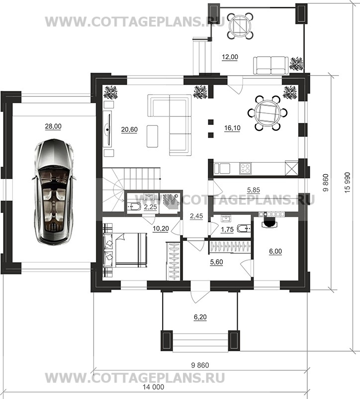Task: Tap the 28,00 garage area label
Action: click(x=53, y=126)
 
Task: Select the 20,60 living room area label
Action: click(x=129, y=129)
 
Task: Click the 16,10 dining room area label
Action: click(x=232, y=128)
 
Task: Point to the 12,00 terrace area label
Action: click(x=230, y=57)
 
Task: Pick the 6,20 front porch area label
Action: click(x=200, y=317)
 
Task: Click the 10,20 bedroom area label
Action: click(x=161, y=229)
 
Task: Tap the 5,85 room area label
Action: click(x=254, y=190)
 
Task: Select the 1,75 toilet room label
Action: click(x=227, y=229)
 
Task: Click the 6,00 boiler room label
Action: click(x=275, y=251)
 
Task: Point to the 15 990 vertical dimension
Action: click(x=347, y=183)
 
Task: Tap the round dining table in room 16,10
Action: click(x=268, y=113)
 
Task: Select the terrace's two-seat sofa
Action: click(x=271, y=65)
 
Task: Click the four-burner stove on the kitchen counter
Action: click(x=245, y=168)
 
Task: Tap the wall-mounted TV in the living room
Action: click(x=108, y=130)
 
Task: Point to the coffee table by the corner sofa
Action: click(x=152, y=136)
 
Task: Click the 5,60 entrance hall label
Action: click(x=217, y=262)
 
